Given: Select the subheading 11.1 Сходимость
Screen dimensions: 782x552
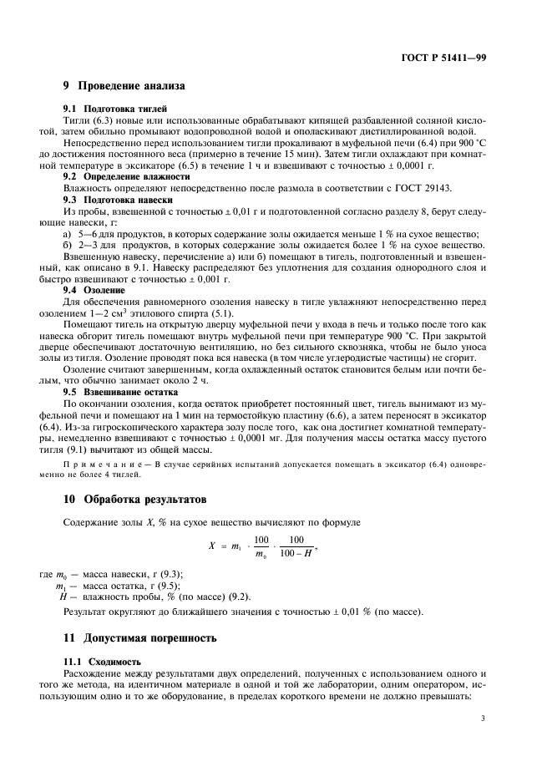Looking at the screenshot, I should [104, 661].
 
